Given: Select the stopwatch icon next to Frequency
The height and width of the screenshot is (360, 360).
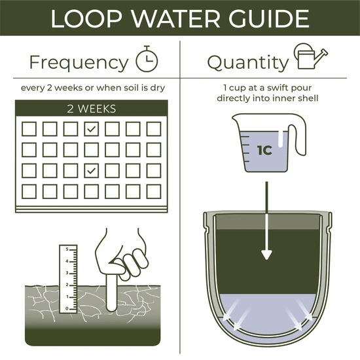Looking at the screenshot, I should click(147, 60).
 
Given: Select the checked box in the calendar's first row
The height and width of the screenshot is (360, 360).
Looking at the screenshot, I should click(92, 128).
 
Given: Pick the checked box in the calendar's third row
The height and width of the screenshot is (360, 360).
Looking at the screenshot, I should click(92, 170).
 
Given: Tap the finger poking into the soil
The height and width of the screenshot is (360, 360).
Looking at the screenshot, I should click(112, 288).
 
